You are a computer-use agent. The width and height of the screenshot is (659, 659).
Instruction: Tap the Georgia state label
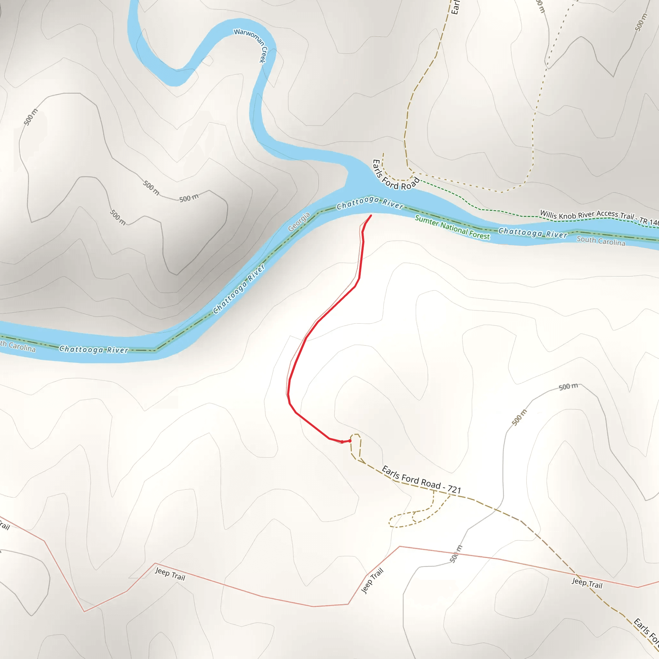[299, 222]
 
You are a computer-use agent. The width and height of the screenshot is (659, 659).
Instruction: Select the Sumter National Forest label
[452, 227]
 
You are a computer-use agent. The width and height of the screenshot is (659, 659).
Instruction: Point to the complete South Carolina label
[601, 241]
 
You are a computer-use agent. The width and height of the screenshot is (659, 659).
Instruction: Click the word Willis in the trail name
[549, 215]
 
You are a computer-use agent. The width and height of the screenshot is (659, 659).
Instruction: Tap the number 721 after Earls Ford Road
[454, 489]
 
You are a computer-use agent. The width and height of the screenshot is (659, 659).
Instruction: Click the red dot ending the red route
[350, 441]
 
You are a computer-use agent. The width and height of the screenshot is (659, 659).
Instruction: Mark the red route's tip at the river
[371, 215]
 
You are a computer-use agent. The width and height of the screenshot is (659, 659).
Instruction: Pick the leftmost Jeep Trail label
[170, 574]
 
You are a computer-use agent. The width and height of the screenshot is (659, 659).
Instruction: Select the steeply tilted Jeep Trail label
[372, 580]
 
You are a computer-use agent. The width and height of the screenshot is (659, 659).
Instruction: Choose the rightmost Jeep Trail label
[587, 583]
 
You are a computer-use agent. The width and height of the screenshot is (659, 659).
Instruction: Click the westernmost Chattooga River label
[94, 349]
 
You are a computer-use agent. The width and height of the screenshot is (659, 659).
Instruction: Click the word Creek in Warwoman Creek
[263, 55]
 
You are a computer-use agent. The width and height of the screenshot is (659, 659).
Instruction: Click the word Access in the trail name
[607, 214]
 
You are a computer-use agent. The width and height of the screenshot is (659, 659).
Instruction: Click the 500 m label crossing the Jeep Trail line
[456, 553]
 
